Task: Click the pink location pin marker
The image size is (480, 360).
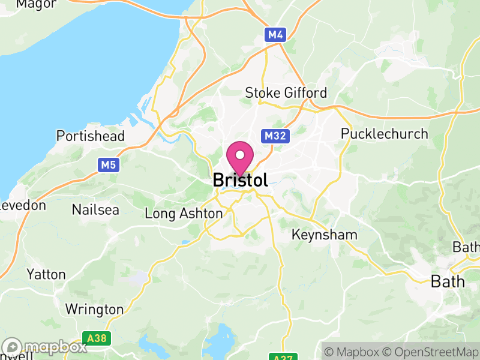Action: (x=241, y=158)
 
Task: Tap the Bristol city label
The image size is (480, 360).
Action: (x=240, y=180)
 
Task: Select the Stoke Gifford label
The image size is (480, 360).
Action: (x=286, y=93)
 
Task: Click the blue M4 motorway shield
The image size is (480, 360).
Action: (x=275, y=35)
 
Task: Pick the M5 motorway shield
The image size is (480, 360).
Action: (x=109, y=164)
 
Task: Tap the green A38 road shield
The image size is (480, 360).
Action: (x=96, y=339)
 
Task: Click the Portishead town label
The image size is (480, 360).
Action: (x=91, y=136)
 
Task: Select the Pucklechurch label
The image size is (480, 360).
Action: (x=385, y=134)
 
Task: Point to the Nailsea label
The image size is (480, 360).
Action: (x=95, y=210)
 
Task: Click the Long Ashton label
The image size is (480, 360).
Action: (x=184, y=214)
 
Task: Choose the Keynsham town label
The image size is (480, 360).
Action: (x=324, y=235)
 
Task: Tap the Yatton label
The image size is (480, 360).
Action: (x=46, y=275)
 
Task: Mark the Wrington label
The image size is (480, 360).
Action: (x=94, y=310)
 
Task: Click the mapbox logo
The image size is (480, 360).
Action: (x=44, y=347)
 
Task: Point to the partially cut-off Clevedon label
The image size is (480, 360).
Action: (x=22, y=205)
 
